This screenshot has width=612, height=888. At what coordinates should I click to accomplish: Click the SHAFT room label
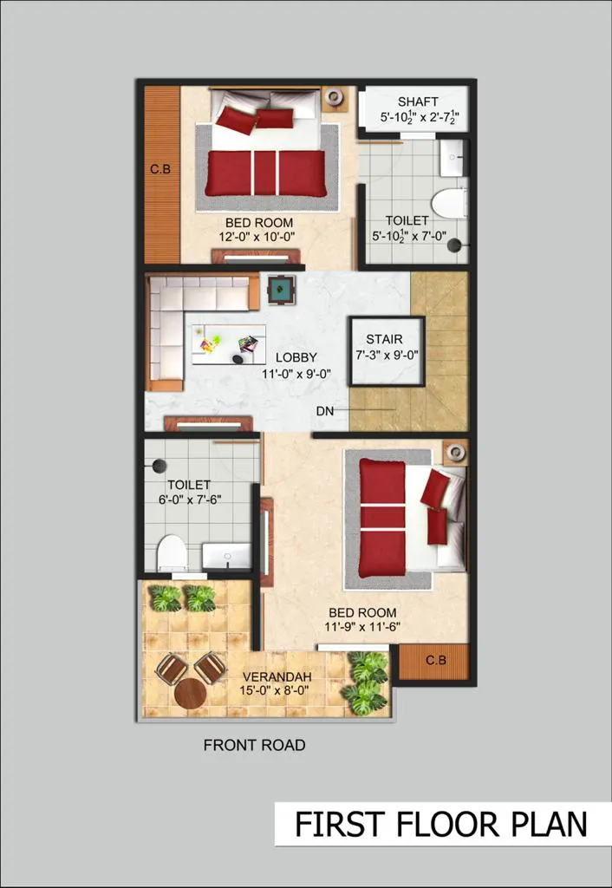click(418, 102)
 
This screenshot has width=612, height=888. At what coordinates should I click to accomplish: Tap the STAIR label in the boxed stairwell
click(384, 339)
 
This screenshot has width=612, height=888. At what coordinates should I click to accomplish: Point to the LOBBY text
click(296, 358)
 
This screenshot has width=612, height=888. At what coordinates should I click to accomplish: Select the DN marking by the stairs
click(325, 411)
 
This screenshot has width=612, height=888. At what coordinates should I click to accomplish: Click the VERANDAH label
click(277, 676)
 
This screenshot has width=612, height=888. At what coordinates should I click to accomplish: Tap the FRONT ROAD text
click(254, 745)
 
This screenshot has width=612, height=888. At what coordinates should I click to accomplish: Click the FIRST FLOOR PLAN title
click(440, 824)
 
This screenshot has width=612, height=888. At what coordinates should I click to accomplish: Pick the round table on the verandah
click(190, 693)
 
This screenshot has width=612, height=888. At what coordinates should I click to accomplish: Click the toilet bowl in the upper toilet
click(450, 203)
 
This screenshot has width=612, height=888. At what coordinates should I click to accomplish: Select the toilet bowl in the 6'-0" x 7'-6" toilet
click(173, 552)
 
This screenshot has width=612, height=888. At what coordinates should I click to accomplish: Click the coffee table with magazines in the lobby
click(229, 344)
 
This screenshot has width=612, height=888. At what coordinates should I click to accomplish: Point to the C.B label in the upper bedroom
click(160, 169)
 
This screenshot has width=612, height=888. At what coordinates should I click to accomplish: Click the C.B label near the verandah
click(436, 660)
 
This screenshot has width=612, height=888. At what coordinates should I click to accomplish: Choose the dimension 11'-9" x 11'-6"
click(362, 626)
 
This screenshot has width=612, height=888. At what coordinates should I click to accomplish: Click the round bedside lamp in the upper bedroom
click(335, 97)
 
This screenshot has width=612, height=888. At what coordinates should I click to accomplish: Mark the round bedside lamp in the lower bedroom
click(454, 451)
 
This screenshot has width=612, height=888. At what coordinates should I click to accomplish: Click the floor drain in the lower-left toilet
click(160, 466)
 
